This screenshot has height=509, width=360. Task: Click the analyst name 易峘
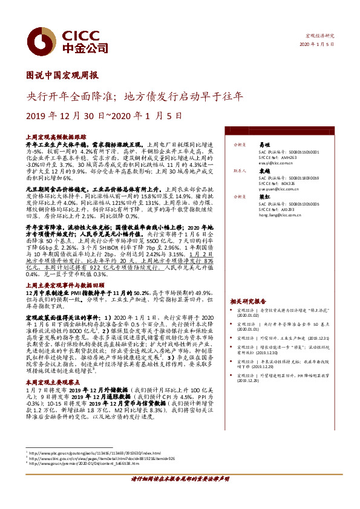click(264, 145)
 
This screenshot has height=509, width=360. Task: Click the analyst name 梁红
click(264, 196)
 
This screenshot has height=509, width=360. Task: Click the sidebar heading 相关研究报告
click(248, 301)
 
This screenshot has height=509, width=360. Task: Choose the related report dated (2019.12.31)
click(284, 339)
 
